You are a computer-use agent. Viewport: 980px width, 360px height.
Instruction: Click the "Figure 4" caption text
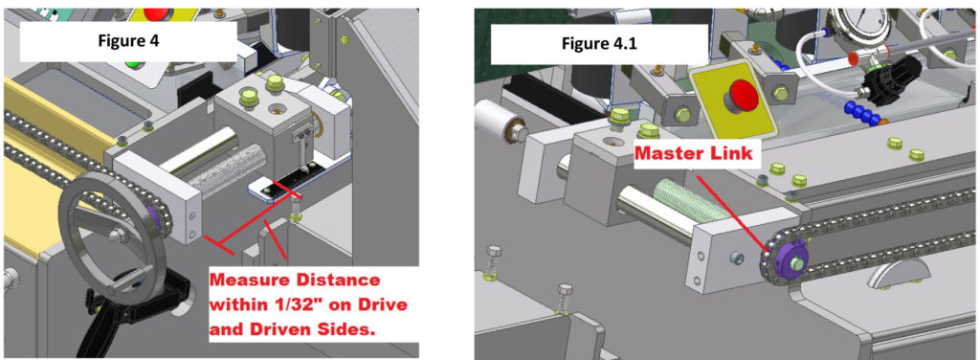coord(128,42)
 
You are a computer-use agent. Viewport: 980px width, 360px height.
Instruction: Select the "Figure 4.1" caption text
coord(599,44)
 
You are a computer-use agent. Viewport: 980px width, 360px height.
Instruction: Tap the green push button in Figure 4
coord(132,64)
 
